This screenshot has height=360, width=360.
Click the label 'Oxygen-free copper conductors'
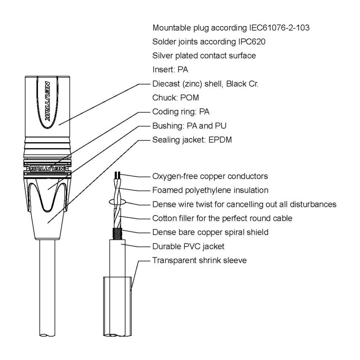pyautogui.click(x=210, y=175)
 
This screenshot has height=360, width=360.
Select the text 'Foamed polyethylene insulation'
pyautogui.click(x=210, y=190)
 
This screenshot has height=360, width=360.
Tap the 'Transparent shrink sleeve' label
pyautogui.click(x=199, y=260)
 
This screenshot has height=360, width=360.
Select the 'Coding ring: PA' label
pyautogui.click(x=179, y=112)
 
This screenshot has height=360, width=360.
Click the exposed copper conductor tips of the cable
pyautogui.click(x=118, y=175)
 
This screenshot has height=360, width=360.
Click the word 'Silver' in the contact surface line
pyautogui.click(x=163, y=56)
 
